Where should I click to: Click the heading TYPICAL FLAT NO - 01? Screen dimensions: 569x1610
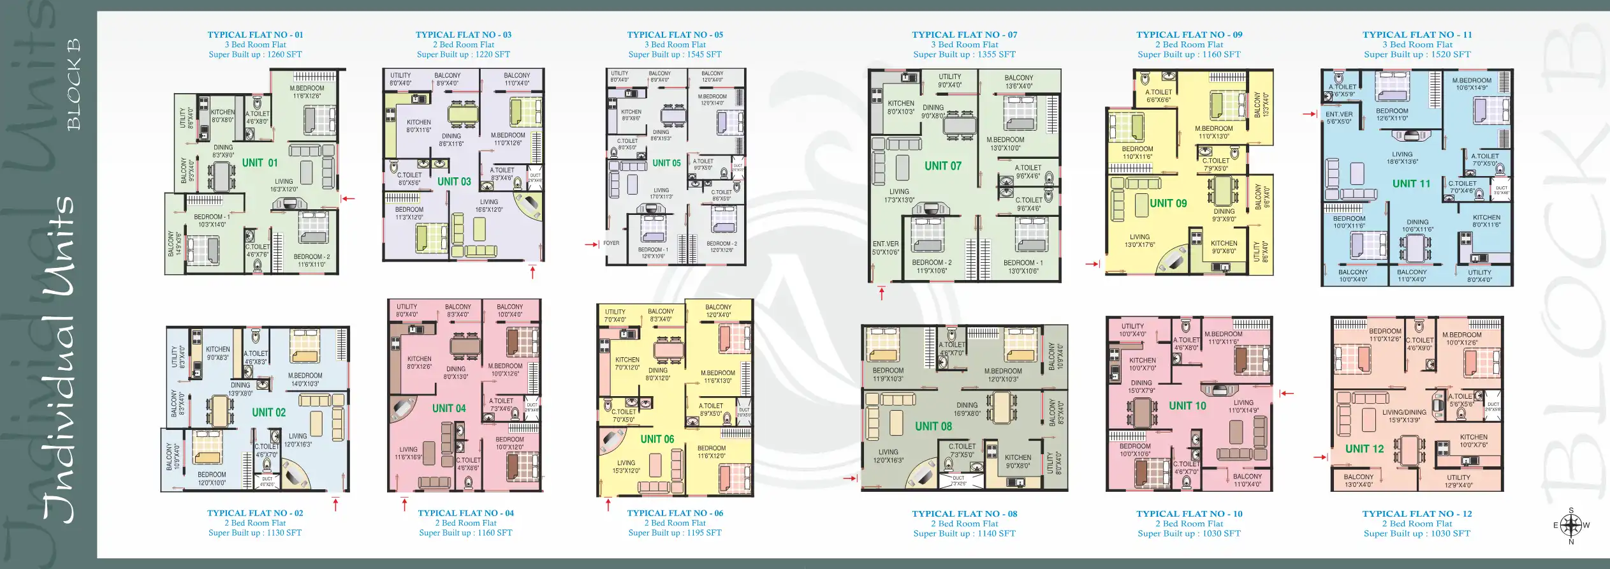255,35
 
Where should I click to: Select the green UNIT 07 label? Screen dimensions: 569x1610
942,166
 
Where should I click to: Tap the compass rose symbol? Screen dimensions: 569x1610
1570,526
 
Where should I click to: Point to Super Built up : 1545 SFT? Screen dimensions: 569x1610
675,55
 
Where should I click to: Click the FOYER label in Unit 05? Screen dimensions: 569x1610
611,243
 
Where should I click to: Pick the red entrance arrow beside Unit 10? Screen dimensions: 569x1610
1287,394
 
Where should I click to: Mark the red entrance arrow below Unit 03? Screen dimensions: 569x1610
532,272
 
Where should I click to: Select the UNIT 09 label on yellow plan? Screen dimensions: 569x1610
1168,203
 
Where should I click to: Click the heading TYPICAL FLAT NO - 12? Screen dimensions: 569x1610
1417,514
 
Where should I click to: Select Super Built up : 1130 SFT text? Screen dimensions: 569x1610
254,533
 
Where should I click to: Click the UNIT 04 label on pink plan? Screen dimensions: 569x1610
449,409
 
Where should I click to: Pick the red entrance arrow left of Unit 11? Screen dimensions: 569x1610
1310,114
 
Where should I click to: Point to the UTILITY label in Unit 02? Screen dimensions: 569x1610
174,357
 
